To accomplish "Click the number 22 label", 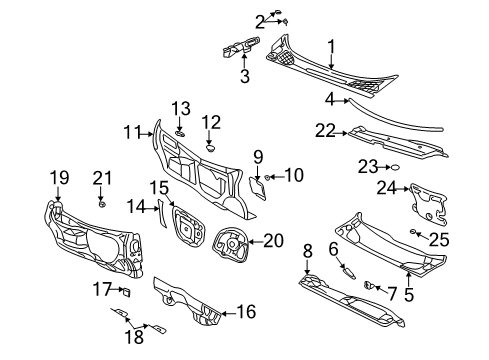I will coord(325,130).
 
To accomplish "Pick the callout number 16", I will coord(246,313).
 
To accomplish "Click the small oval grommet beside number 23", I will coord(395,167).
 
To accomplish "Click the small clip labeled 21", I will coord(102,204).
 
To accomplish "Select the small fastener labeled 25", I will coord(413,232).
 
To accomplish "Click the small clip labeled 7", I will coord(370,285).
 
